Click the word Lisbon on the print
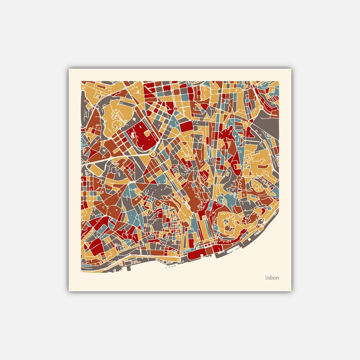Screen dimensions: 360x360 (x=272, y=278)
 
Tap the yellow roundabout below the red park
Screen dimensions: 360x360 (x=153, y=154)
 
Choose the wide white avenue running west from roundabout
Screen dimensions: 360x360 (x=120, y=157)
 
